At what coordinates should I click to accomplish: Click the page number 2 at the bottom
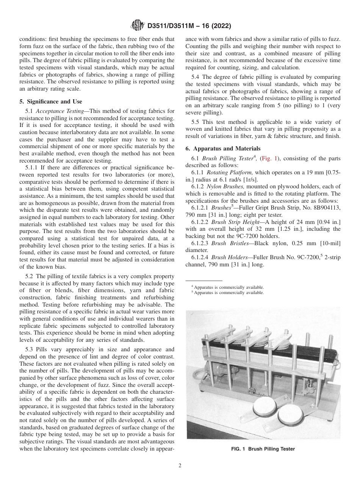[180, 466]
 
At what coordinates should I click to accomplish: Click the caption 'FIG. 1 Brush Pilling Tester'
[263, 449]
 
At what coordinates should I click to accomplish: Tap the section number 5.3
[31, 349]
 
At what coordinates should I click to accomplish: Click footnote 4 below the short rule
[227, 287]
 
